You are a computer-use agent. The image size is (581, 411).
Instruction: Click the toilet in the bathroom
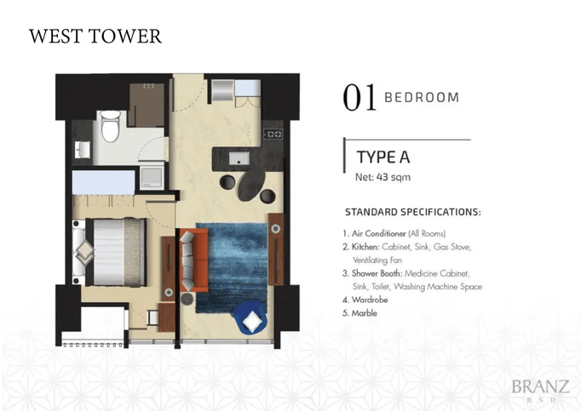[111, 126]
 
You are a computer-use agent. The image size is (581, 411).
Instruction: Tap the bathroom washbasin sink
[83, 150]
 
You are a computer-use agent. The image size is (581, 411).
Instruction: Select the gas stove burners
[273, 134]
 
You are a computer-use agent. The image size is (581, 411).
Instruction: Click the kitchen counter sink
[239, 158]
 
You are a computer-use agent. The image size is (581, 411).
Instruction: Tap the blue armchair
[250, 317]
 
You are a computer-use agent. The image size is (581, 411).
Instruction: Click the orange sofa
[193, 260]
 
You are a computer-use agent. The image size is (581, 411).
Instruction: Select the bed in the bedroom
[115, 252]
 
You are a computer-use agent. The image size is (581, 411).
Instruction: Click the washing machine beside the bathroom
[152, 177]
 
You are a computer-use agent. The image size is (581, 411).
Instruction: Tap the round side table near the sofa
[187, 299]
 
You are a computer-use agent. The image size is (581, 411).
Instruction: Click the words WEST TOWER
[95, 37]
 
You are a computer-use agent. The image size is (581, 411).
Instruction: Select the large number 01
[360, 97]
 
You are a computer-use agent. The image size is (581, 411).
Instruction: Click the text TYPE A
[383, 157]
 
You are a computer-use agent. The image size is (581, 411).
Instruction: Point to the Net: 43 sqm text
[383, 177]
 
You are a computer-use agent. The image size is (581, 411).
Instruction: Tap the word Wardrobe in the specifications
[370, 300]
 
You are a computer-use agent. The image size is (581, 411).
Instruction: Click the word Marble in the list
[365, 313]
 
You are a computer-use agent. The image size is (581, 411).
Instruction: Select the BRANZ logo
[540, 390]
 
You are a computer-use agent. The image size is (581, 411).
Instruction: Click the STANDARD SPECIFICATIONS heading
[413, 212]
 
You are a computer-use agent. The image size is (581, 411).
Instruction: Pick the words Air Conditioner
[379, 234]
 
